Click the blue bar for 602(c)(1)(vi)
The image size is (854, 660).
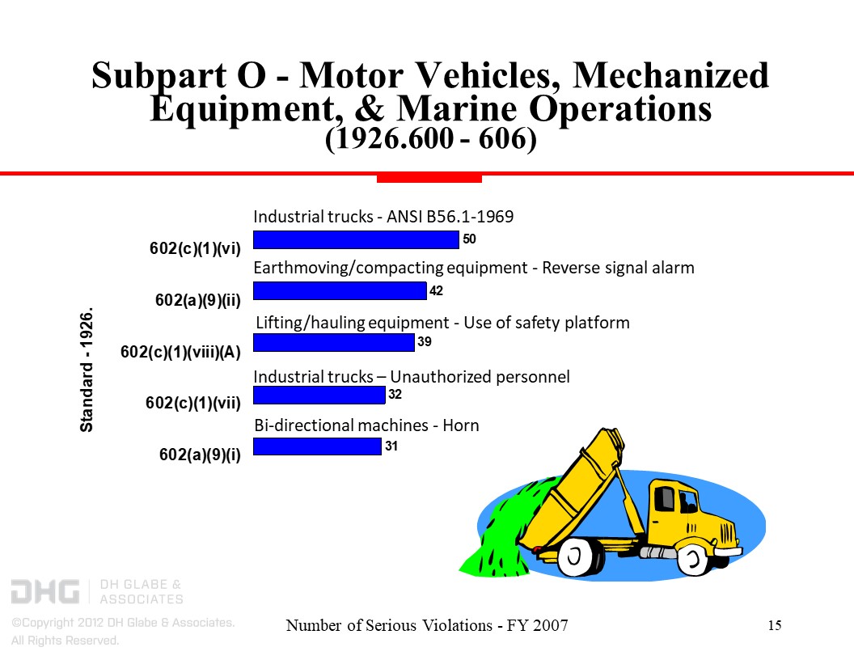(356, 239)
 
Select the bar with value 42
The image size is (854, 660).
(340, 290)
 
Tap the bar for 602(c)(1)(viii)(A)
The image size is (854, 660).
(334, 343)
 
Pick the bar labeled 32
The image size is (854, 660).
(319, 395)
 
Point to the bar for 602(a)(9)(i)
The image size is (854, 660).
(317, 446)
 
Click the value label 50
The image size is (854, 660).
(469, 239)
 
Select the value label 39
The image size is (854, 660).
(425, 342)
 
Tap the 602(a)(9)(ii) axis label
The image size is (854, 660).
(198, 300)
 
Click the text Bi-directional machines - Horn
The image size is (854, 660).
(366, 425)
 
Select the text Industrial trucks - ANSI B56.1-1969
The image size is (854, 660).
(383, 217)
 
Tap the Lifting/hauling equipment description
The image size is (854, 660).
(442, 324)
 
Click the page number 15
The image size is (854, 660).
(774, 625)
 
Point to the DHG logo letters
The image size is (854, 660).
(44, 591)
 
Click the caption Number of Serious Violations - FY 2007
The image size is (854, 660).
(428, 625)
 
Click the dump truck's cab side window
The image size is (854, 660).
(664, 498)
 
